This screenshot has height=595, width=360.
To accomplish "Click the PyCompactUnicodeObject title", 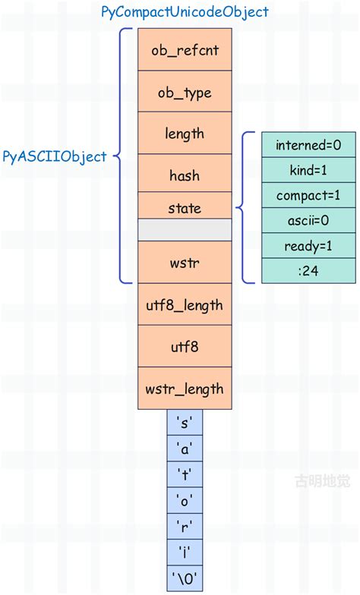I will [185, 12].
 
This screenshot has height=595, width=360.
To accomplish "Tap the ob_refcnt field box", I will [185, 51].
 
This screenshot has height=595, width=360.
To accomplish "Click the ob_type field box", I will [185, 93].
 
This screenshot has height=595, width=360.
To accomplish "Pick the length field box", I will [185, 134].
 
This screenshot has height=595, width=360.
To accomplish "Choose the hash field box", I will [185, 175].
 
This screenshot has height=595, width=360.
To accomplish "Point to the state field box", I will [185, 206].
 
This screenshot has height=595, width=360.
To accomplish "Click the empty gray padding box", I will [185, 230].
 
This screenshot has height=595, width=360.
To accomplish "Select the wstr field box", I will [185, 263].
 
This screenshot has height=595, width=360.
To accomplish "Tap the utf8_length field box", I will [185, 305].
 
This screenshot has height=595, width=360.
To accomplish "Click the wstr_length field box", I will [185, 389].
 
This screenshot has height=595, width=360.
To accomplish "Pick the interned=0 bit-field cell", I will [308, 145].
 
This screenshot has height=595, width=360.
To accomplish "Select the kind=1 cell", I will [308, 170].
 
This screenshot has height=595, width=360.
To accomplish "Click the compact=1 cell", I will [308, 195].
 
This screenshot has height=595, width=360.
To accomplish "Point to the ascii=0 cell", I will [308, 221].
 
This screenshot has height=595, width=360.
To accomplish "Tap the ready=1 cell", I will [308, 246].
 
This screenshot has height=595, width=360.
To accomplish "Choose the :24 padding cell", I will [308, 271].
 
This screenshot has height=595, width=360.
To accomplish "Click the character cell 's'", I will [185, 423].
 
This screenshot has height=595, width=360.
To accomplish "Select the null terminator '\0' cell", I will [185, 578].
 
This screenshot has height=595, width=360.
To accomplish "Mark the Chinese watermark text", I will [319, 480].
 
